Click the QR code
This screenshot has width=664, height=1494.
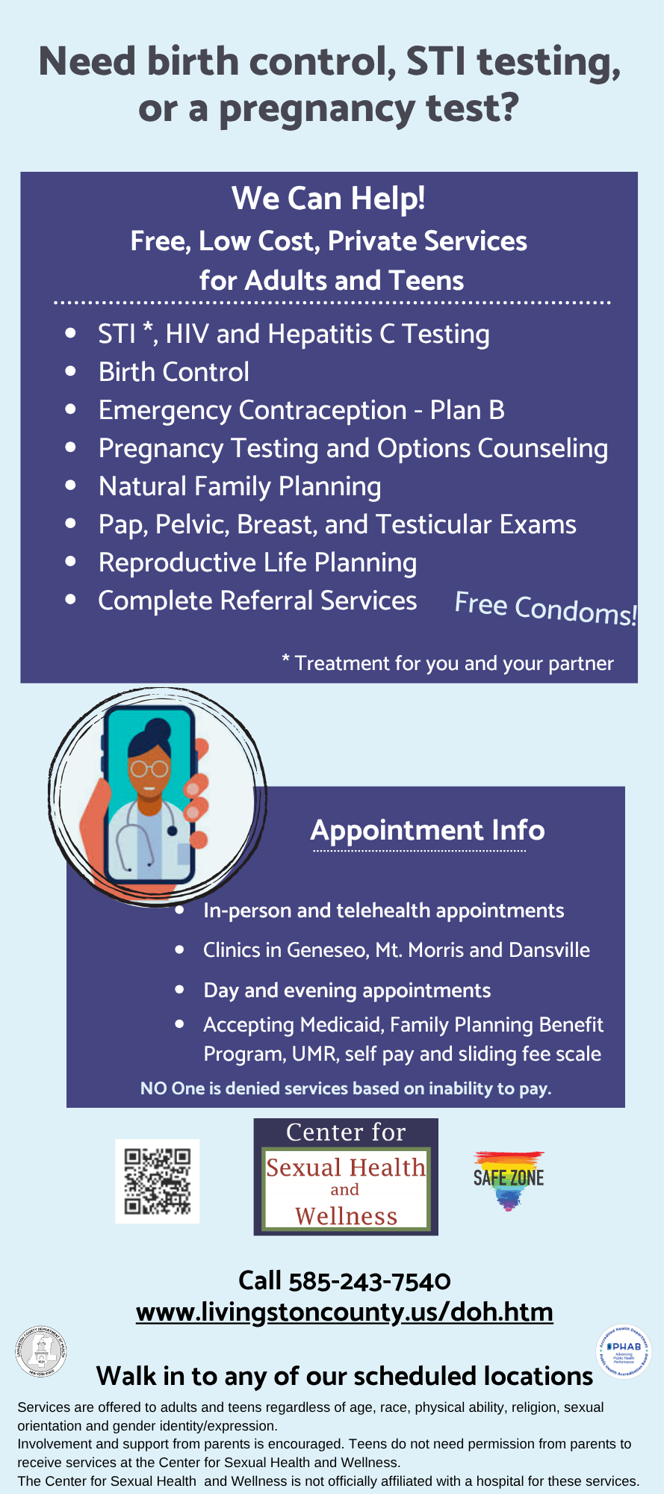point(157,1181)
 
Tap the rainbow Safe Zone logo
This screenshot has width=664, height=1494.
point(509,1180)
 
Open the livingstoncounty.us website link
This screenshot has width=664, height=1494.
point(344,1312)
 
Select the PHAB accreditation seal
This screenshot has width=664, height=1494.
point(623,1351)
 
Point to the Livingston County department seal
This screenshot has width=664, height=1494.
point(41,1351)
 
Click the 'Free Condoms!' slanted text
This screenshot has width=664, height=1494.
point(545,608)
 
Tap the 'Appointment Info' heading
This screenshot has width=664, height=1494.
point(427,830)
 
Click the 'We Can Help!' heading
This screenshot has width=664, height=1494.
point(329,199)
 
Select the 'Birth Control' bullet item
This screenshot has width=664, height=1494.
point(174,372)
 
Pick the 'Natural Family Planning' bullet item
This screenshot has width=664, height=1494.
point(240,486)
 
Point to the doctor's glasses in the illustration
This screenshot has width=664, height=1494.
point(149,768)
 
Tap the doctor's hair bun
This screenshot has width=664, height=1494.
point(158,727)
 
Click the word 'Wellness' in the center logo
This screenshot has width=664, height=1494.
point(346,1216)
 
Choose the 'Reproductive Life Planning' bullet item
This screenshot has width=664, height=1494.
point(258,562)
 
